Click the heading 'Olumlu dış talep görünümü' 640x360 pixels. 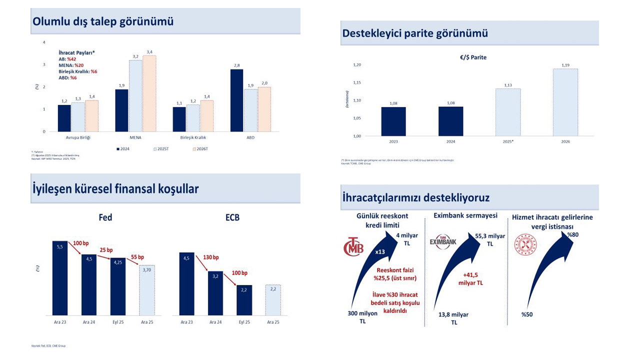(x=103, y=21)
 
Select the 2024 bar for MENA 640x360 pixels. (x=121, y=110)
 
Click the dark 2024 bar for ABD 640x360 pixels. (x=236, y=100)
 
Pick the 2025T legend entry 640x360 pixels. (x=159, y=148)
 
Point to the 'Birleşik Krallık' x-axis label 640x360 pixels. (x=193, y=137)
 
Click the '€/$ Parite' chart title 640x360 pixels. (x=473, y=57)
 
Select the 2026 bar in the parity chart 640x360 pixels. (x=565, y=102)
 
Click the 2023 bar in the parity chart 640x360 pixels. (x=393, y=121)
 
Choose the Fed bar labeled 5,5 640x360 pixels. (x=60, y=278)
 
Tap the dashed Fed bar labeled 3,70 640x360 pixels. (x=147, y=290)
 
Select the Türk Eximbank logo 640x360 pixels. (x=443, y=241)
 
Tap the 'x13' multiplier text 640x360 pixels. (x=379, y=252)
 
